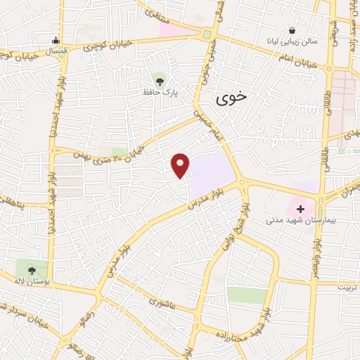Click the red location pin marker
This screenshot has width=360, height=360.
(x=181, y=165)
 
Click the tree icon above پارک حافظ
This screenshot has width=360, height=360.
(x=159, y=78)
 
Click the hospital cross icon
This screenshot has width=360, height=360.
(x=301, y=209)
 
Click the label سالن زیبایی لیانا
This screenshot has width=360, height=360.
(x=290, y=41)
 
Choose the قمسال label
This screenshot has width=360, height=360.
(x=55, y=52)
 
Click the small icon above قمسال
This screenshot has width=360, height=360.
(x=56, y=39)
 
